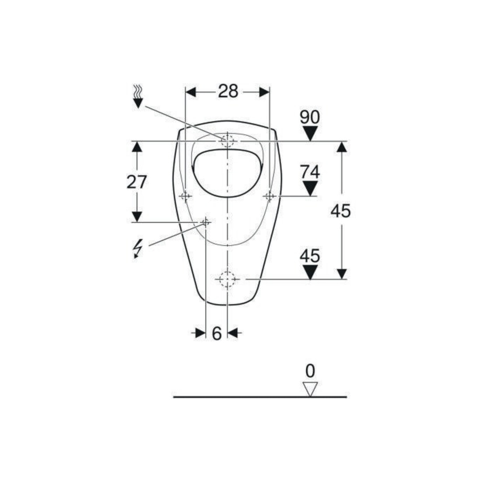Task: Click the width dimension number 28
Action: tap(228, 91)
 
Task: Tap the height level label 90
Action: tap(310, 117)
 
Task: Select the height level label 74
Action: tap(310, 172)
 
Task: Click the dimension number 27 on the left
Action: tap(137, 182)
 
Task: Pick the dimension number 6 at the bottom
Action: tap(217, 333)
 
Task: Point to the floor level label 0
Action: tap(310, 371)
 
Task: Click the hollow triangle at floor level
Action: tap(310, 389)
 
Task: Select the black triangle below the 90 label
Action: tap(310, 133)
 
